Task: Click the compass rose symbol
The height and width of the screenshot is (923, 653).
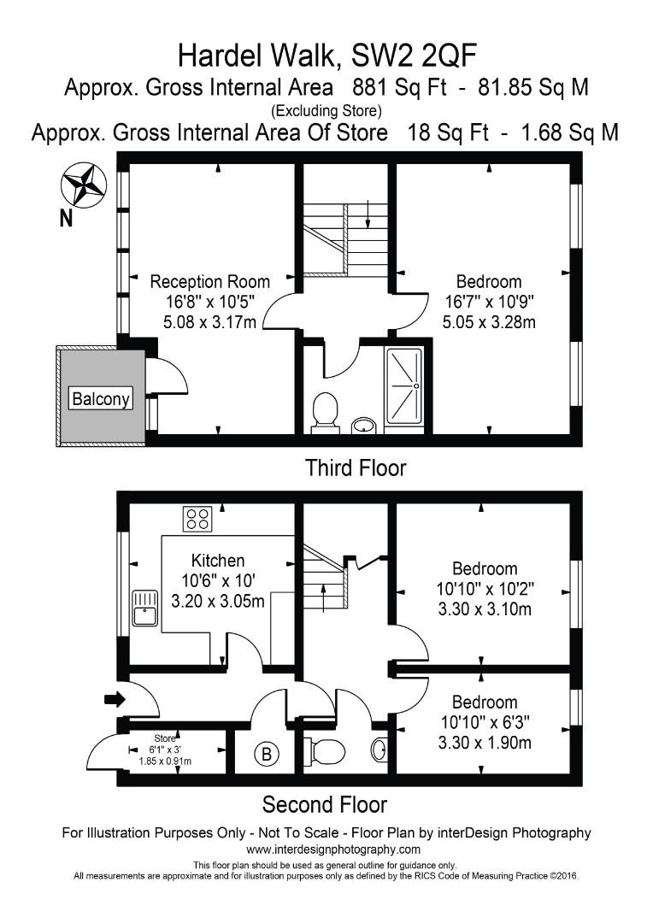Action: click(84, 184)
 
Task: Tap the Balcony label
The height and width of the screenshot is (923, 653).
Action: click(102, 398)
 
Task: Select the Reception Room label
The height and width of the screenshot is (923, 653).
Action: click(209, 281)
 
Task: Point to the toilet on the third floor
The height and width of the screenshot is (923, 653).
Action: click(325, 411)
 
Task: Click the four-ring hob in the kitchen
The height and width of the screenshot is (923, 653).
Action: click(197, 518)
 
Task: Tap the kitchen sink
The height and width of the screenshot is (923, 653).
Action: click(145, 606)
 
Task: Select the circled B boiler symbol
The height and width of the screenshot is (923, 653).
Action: click(267, 754)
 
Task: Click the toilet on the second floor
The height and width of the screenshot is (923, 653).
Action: click(327, 750)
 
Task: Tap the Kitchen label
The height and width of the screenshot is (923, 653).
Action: click(217, 561)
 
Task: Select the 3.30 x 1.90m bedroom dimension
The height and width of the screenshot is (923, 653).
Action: click(485, 743)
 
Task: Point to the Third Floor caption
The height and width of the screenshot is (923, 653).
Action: click(356, 468)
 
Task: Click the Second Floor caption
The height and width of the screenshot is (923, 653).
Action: click(324, 805)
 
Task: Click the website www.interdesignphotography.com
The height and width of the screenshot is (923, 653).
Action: click(333, 850)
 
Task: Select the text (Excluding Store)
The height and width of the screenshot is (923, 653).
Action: click(326, 110)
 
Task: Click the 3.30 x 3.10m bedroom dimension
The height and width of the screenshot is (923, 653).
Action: click(485, 609)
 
